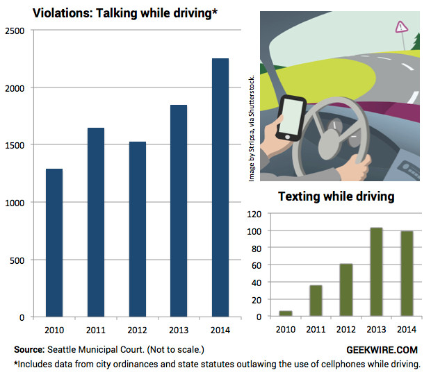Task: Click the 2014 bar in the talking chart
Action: pos(220,187)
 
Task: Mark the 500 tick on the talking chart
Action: pos(21,260)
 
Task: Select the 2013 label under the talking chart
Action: pos(179,329)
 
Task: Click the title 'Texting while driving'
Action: pos(336,196)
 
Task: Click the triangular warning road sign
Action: pos(400,28)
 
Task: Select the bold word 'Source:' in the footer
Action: pos(29,349)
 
